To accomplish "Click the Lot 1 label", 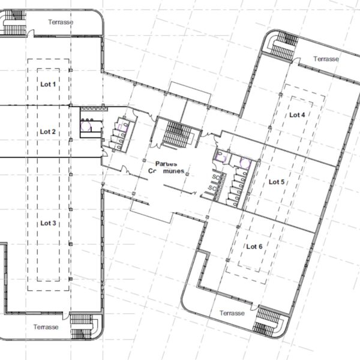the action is click(x=48, y=84).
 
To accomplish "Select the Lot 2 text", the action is click(x=48, y=131).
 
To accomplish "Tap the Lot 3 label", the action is click(x=48, y=223).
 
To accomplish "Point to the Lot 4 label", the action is click(x=297, y=115).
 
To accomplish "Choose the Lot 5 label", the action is click(x=277, y=182).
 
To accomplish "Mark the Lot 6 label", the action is click(x=254, y=247).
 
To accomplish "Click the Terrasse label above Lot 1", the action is click(x=61, y=22).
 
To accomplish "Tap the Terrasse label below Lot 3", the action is click(x=46, y=327).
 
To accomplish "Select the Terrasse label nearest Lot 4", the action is click(x=326, y=59).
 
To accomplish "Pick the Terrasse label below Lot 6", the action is click(x=232, y=313).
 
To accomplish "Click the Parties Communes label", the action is click(x=166, y=167).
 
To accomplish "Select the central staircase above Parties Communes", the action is click(x=177, y=135).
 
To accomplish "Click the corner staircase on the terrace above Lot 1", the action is click(x=14, y=22).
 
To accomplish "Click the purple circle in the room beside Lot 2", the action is click(x=85, y=126).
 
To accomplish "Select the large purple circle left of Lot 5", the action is click(x=245, y=163).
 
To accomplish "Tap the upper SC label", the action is click(x=216, y=177).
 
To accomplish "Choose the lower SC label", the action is click(x=212, y=188).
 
